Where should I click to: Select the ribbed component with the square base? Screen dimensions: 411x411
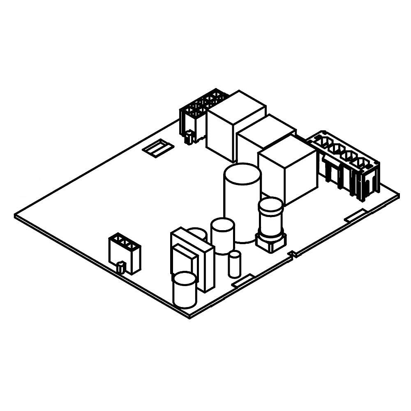(271, 224)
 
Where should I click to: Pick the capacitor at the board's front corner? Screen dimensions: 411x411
(185, 290)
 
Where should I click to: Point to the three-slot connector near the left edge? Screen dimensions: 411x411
(125, 253)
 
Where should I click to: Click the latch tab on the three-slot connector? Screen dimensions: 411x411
(121, 268)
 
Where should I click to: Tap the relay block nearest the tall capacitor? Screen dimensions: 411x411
(288, 169)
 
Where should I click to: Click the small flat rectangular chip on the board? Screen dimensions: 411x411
(156, 148)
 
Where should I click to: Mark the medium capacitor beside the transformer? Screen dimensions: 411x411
(222, 236)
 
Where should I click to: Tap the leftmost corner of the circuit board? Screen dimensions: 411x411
(16, 215)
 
